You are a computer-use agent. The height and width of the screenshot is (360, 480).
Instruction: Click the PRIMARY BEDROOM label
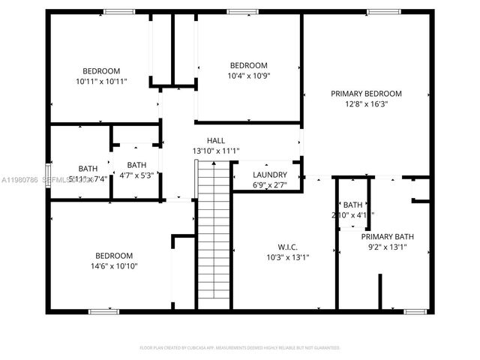coord(367,94)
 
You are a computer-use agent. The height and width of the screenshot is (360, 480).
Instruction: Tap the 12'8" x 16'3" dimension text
coord(367,104)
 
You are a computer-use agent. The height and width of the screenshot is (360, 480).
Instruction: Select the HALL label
coord(216,140)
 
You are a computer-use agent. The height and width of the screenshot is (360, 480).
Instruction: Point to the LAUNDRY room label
coord(270,175)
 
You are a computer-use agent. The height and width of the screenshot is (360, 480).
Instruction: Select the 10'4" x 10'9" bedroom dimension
coord(248,76)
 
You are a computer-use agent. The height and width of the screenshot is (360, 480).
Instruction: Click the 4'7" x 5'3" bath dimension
coord(136,175)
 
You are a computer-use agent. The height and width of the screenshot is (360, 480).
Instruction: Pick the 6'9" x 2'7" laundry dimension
coord(270,184)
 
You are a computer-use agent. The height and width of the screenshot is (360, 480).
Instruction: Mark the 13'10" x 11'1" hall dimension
coord(216,151)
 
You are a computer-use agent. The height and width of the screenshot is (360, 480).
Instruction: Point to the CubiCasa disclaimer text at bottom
coord(240,347)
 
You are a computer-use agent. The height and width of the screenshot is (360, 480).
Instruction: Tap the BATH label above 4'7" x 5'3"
coord(136,165)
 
